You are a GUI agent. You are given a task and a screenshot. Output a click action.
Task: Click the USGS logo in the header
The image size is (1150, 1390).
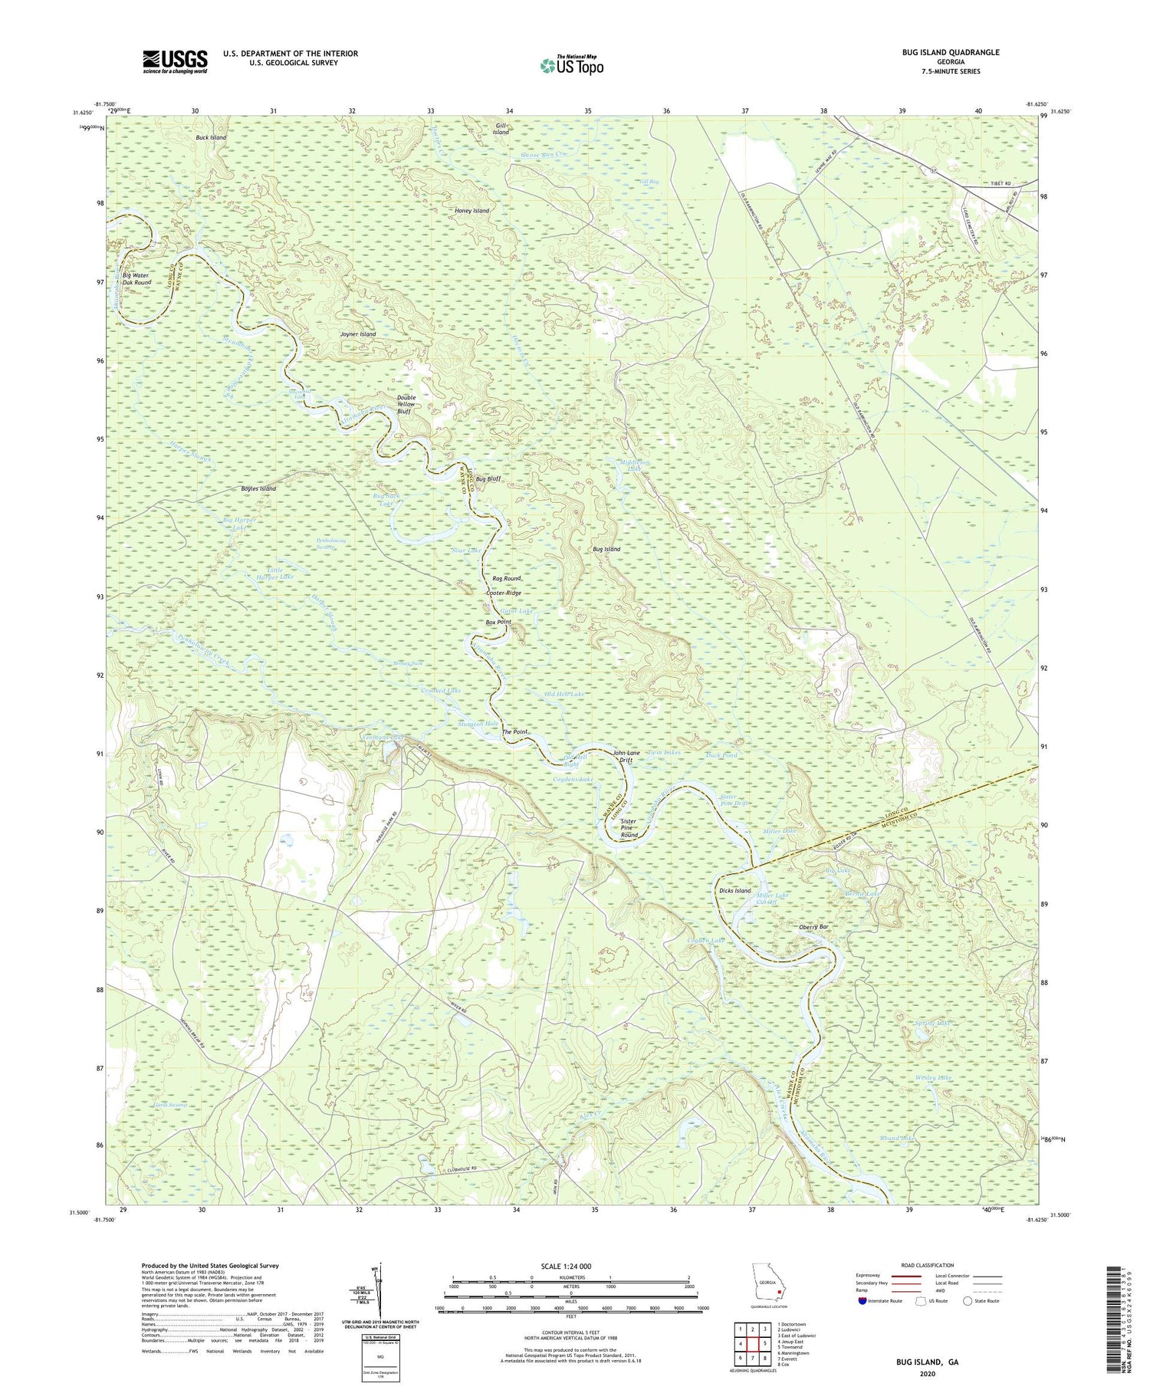pyautogui.click(x=175, y=61)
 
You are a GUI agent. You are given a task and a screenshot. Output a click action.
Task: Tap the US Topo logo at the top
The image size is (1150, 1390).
pyautogui.click(x=572, y=65)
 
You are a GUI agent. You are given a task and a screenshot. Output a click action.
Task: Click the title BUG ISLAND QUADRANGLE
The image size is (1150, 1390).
pyautogui.click(x=951, y=52)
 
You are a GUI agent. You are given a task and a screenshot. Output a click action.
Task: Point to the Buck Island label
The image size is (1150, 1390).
pyautogui.click(x=211, y=137)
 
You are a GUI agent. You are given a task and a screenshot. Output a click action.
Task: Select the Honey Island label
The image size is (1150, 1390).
pyautogui.click(x=471, y=210)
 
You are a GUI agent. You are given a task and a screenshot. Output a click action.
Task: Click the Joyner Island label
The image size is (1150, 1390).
pyautogui.click(x=357, y=334)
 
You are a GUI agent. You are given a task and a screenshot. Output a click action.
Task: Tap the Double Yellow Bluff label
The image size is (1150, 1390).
pyautogui.click(x=406, y=405)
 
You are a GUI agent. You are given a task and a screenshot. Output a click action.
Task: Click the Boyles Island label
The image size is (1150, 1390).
pyautogui.click(x=258, y=488)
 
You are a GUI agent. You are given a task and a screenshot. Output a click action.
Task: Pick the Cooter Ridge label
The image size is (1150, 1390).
pyautogui.click(x=504, y=593)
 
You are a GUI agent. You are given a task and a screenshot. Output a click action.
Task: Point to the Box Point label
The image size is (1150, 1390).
pyautogui.click(x=498, y=622)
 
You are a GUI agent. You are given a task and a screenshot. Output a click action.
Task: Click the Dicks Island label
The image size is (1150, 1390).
pyautogui.click(x=734, y=891)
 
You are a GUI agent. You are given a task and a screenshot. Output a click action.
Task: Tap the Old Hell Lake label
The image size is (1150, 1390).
pyautogui.click(x=564, y=694)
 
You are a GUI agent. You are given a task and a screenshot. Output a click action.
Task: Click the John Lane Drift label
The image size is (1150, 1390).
pyautogui.click(x=626, y=757)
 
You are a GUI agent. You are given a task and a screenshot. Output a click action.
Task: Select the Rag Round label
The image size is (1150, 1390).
pyautogui.click(x=506, y=578)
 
